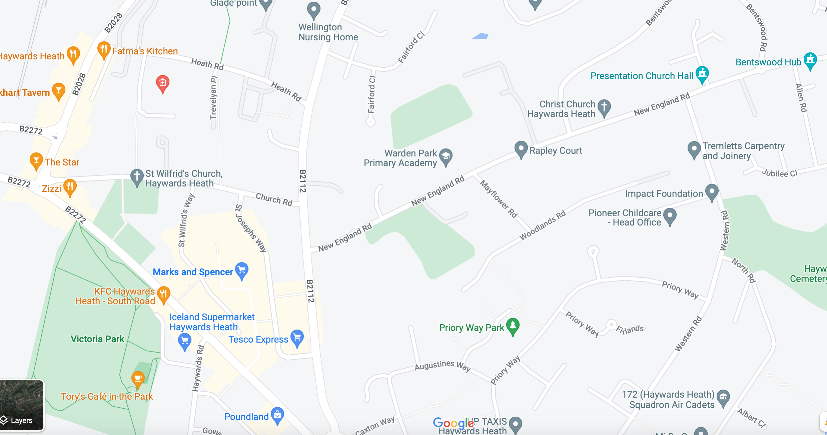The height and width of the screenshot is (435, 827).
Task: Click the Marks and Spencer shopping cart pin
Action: coord(242,270)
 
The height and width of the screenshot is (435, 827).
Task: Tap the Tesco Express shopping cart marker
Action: coord(297,338)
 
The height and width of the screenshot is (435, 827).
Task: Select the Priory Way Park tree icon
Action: coord(513,326)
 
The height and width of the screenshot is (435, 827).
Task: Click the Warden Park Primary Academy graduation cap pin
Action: coord(446,156)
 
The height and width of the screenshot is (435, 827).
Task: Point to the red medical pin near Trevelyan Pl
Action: coord(163,83)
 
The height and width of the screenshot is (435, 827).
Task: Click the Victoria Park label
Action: coord(97,339)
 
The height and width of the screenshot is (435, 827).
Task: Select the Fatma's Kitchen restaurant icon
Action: coord(104,50)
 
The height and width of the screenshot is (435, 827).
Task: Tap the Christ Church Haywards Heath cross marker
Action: coord(604,107)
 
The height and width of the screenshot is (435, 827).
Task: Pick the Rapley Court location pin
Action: coord(521,149)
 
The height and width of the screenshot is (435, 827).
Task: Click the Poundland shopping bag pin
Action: coord(277,415)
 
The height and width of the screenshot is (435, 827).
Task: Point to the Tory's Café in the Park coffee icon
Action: coord(138,379)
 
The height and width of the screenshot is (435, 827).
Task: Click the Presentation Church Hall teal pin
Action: coord(702,74)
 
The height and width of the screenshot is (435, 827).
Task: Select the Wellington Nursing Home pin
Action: coord(313,10)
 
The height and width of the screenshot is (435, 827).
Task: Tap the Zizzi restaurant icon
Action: coord(70,187)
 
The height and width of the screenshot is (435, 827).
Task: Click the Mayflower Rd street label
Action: coord(499,199)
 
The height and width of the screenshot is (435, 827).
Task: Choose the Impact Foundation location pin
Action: coord(712,192)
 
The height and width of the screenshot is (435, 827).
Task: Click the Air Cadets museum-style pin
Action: coord(723,398)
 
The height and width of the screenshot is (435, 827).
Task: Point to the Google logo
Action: coord(454,423)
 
